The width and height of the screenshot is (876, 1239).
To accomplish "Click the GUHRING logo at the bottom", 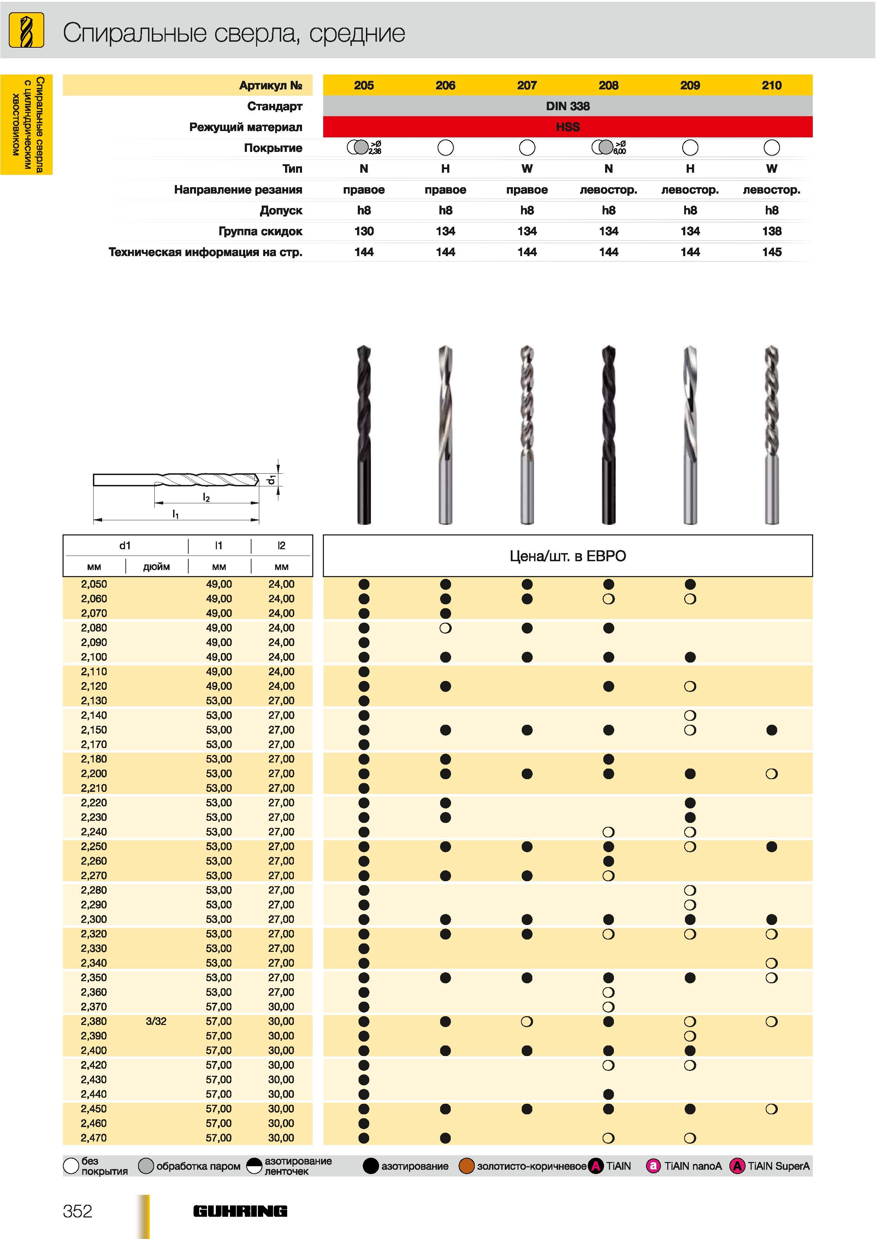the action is click(240, 1211).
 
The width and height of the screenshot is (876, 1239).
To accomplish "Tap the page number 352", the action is click(78, 1211).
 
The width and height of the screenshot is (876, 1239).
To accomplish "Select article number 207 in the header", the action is click(527, 85).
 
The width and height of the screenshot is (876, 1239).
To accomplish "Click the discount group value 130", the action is click(364, 231).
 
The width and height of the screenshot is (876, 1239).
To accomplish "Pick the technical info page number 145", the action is click(772, 252).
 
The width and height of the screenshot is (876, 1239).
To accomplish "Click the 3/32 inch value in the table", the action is click(156, 1021).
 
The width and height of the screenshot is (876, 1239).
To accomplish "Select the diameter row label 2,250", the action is click(94, 846).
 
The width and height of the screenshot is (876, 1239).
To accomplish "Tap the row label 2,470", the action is click(94, 1138).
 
